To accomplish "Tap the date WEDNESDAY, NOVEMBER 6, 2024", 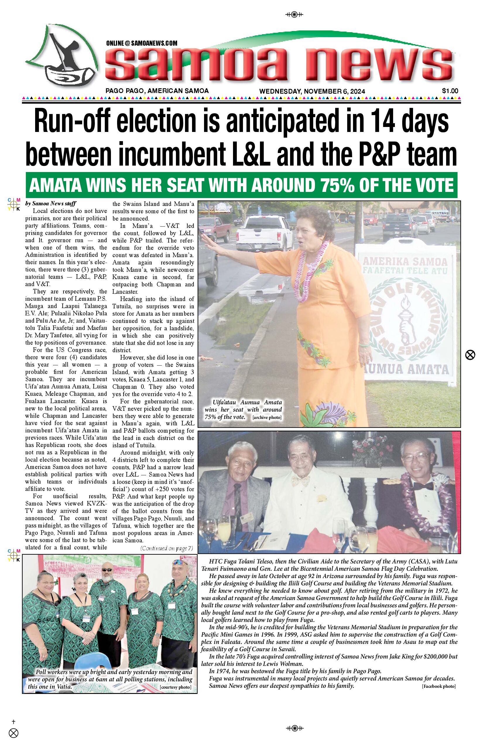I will pyautogui.click(x=312, y=91).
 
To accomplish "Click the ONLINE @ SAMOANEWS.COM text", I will pyautogui.click(x=142, y=43).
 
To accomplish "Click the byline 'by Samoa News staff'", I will pyautogui.click(x=51, y=203).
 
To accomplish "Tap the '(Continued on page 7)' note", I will pyautogui.click(x=167, y=548).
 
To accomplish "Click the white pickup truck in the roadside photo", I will pyautogui.click(x=263, y=232).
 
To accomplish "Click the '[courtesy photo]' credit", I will pyautogui.click(x=175, y=687).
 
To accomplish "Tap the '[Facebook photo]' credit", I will pyautogui.click(x=439, y=686).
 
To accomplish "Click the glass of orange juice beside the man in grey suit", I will pyautogui.click(x=224, y=528).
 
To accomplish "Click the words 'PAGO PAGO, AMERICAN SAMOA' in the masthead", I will pyautogui.click(x=157, y=91).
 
